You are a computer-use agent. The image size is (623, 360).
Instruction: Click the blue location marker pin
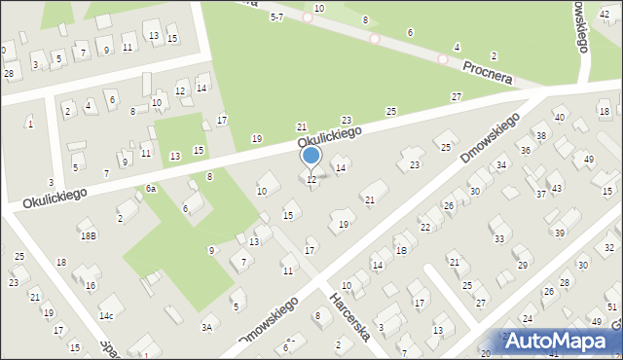(311, 157)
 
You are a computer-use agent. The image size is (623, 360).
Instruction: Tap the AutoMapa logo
(560, 342)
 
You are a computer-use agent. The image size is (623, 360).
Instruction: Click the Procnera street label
(488, 70)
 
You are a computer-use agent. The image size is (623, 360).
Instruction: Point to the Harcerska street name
(349, 317)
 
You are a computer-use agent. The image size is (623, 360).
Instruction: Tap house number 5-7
(276, 17)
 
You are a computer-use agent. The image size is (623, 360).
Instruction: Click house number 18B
(88, 235)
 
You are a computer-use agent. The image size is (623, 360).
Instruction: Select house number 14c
(106, 315)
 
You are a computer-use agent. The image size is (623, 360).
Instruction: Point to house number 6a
(151, 188)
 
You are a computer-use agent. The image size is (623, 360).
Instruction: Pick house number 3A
(206, 328)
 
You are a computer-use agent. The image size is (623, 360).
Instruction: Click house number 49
(589, 159)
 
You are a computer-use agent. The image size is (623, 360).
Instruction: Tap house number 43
(556, 188)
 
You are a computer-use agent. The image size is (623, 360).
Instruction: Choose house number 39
(560, 233)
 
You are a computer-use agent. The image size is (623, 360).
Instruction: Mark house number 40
(559, 118)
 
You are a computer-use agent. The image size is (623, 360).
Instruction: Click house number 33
(499, 238)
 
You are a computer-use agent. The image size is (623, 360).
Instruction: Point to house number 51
(611, 307)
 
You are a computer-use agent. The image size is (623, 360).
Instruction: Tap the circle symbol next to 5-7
(308, 17)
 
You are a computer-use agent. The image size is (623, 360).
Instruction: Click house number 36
(525, 150)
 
